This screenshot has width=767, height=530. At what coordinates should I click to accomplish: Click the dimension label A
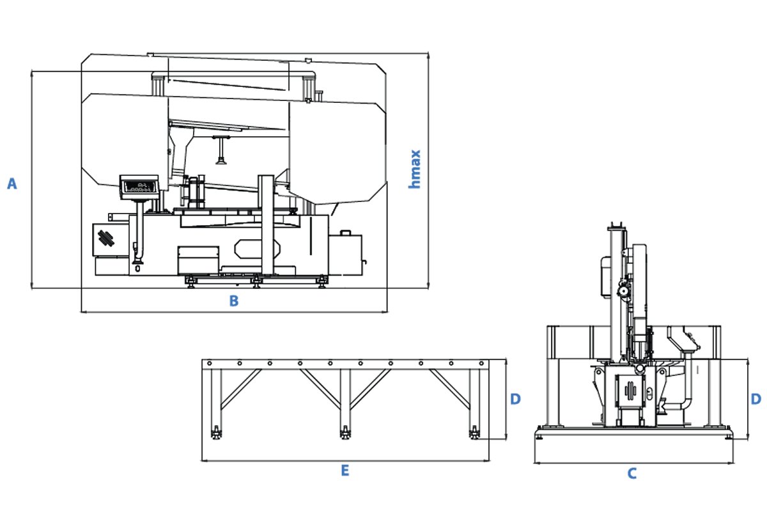(12, 184)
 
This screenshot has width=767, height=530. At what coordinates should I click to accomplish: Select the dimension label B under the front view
(234, 300)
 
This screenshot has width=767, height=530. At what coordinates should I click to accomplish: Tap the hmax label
(415, 169)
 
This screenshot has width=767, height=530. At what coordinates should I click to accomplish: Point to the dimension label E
(345, 471)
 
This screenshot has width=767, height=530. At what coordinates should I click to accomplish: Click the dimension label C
(631, 474)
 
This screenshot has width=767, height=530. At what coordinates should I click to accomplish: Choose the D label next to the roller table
(515, 400)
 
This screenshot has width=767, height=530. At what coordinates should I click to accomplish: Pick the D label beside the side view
(755, 400)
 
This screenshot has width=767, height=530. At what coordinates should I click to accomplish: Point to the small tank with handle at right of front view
(346, 254)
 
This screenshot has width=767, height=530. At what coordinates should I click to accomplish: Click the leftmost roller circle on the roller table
(209, 364)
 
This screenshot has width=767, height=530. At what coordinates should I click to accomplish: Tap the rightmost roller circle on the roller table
(481, 364)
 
